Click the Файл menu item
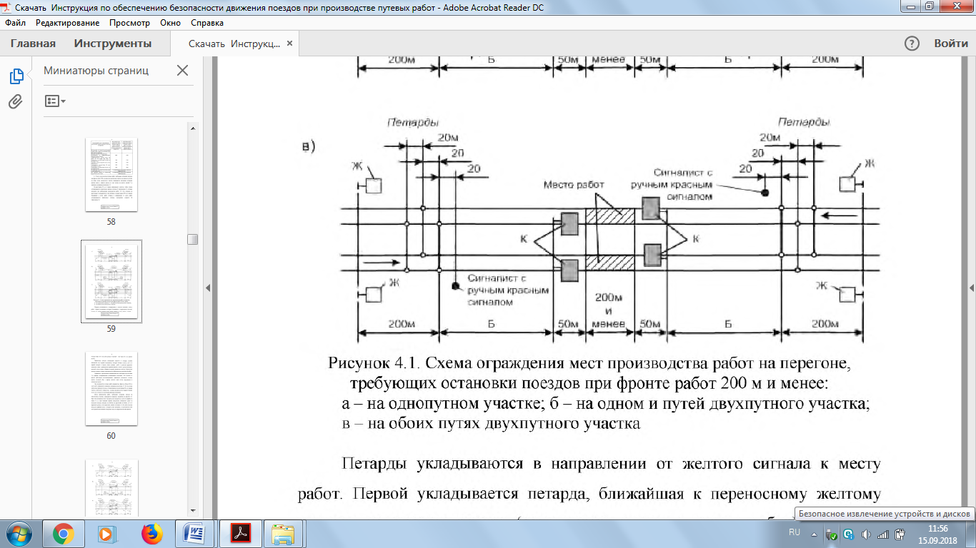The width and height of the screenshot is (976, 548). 15,23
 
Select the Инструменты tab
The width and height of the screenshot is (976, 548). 113,44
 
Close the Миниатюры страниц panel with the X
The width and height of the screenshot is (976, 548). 182,71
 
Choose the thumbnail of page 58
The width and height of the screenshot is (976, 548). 111,174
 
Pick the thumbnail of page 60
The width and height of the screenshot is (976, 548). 111,388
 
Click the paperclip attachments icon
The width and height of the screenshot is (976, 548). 16,101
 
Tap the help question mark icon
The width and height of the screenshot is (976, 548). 912,44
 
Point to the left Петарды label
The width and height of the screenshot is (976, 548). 413,123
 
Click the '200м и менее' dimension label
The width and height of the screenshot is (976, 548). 608,310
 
